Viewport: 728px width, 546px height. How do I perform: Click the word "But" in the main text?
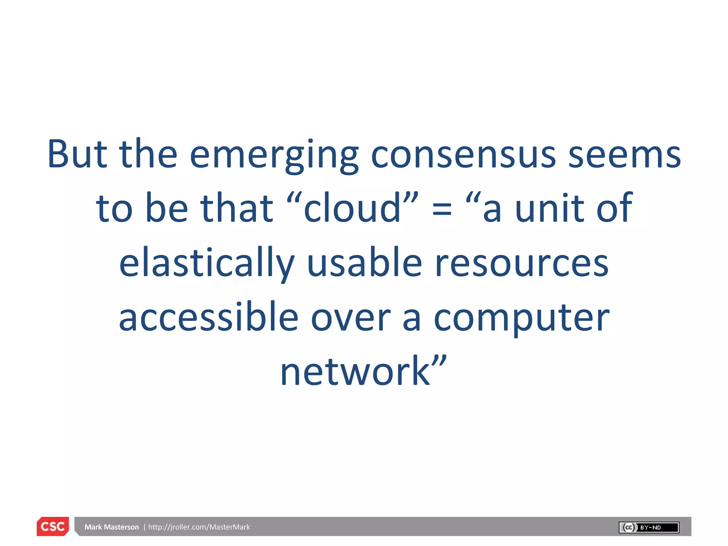(77, 154)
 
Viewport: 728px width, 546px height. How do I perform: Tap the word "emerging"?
(274, 155)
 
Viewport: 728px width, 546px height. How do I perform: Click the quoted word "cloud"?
(352, 208)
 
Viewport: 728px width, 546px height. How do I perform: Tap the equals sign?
(442, 210)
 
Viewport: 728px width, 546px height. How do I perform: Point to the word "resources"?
(522, 263)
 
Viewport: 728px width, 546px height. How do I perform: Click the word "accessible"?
(209, 317)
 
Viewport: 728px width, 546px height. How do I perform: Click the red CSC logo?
(53, 526)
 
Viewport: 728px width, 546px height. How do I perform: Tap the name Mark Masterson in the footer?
(112, 527)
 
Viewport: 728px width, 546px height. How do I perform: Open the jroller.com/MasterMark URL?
(199, 527)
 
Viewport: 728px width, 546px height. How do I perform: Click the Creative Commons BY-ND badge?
(649, 528)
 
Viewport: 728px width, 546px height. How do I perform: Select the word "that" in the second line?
(236, 208)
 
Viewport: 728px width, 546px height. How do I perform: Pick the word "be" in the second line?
(166, 208)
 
